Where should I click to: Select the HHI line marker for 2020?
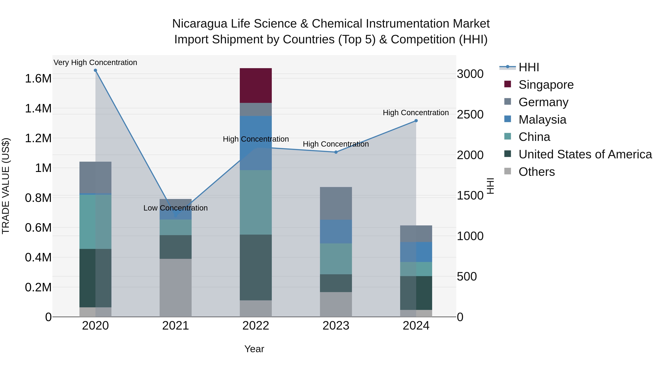point(95,70)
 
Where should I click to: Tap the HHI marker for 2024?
point(416,121)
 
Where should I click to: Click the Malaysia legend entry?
point(542,120)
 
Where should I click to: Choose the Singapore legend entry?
point(546,85)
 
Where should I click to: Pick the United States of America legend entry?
point(585,154)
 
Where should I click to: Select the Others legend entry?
point(537,172)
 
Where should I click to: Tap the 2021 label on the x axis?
point(176,326)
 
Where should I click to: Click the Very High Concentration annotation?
point(95,63)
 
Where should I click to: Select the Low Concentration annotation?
point(176,208)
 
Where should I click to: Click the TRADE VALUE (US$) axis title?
point(6,186)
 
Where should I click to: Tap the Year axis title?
point(254,349)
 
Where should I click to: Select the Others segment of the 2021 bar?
point(176,287)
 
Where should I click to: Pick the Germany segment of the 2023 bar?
point(336,203)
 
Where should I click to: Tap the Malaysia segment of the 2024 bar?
point(416,252)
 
